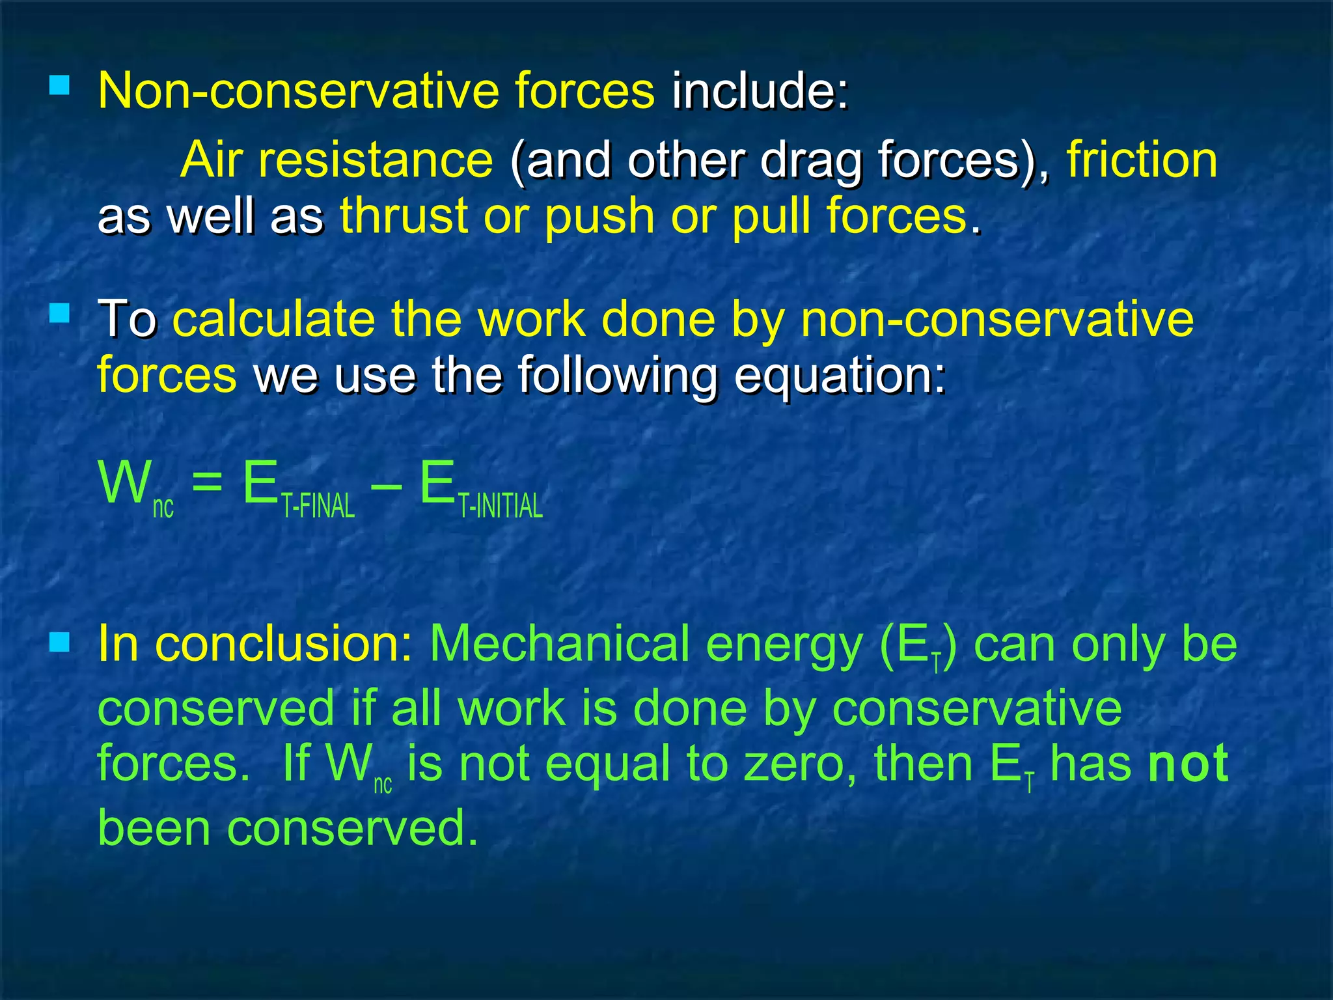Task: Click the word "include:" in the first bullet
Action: [760, 91]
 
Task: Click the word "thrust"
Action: [404, 216]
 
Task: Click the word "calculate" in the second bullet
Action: [273, 319]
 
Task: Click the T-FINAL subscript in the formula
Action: [318, 506]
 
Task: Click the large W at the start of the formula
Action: [124, 483]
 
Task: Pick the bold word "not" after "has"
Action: [1188, 764]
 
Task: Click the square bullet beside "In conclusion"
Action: [60, 643]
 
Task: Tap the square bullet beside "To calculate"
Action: [60, 314]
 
